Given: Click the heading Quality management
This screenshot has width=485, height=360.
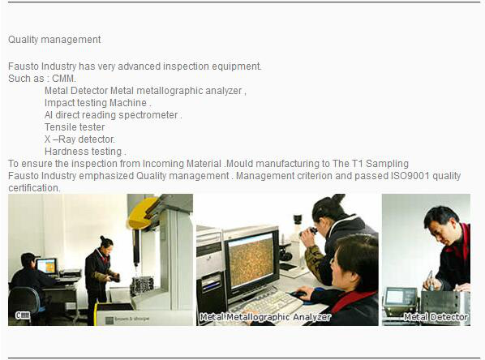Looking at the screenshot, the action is (54, 40).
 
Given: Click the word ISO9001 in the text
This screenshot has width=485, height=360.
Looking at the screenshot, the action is (410, 176).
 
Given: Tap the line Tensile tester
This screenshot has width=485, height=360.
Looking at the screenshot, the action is (75, 127).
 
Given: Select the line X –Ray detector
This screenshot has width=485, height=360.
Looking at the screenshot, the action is (79, 139).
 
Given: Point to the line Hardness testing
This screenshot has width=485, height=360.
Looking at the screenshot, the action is (85, 152).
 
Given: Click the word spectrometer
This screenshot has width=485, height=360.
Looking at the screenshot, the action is (148, 115).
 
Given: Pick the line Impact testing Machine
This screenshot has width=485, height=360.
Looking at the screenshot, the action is (98, 103).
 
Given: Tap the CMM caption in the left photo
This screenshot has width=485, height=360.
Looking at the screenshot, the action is (23, 315).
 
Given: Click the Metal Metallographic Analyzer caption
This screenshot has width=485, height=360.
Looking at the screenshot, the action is (265, 317).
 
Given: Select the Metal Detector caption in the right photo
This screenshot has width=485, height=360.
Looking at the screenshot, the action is (436, 317).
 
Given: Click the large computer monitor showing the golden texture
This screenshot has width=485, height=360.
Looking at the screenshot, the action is (251, 260).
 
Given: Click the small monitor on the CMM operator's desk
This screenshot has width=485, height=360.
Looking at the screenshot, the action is (47, 266).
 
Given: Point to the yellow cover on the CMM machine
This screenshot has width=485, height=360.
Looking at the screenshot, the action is (143, 213).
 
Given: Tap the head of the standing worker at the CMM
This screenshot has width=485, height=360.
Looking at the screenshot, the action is (105, 243).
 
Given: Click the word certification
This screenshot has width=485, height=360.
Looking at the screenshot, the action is (34, 188).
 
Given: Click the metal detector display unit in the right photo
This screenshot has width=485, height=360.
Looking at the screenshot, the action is (400, 301).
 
